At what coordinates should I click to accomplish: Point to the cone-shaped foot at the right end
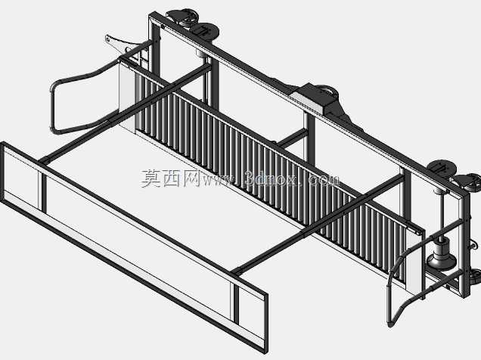[442, 257]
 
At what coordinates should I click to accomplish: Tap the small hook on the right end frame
[473, 245]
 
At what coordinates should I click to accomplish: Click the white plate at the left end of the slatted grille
[127, 96]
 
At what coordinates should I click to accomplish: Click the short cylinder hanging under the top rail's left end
[201, 54]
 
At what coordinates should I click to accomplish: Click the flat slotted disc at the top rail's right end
[442, 169]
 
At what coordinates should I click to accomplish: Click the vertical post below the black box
[309, 138]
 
